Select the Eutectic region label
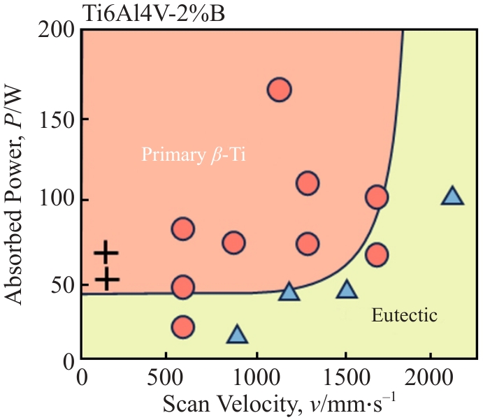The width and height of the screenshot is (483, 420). point(405,316)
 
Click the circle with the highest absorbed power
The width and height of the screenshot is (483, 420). point(279,89)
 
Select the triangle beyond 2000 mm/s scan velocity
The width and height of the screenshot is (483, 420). point(453,196)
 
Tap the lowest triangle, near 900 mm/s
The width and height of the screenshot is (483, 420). point(238,335)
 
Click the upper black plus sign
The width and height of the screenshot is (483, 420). point(106,252)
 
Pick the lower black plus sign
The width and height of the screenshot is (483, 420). point(107,279)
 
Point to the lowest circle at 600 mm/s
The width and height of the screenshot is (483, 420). point(182,327)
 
